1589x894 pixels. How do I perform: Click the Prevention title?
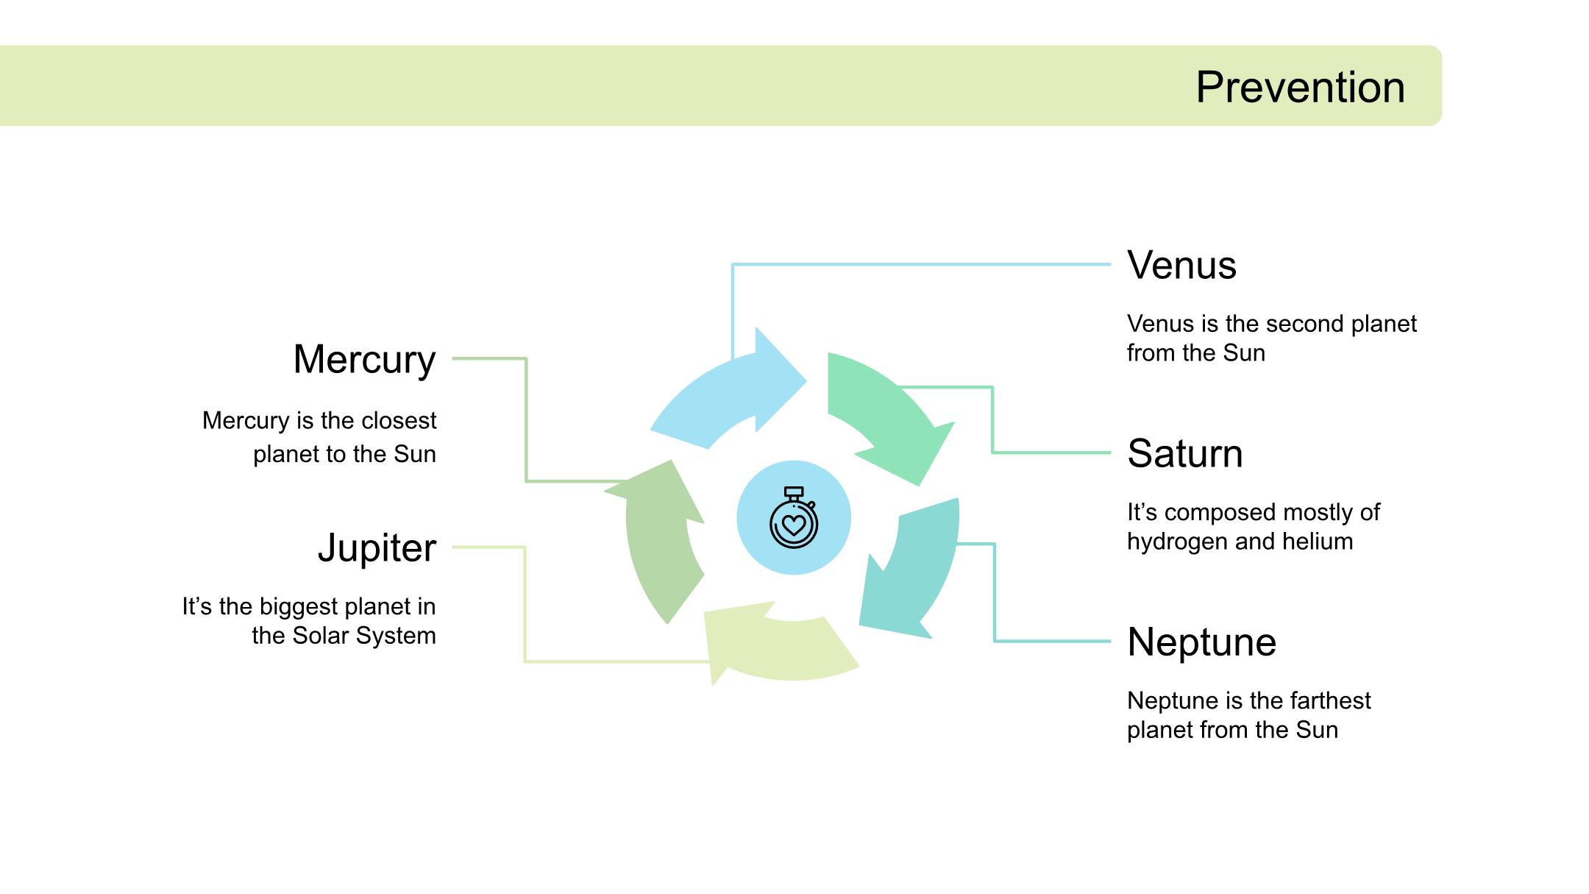(x=1300, y=88)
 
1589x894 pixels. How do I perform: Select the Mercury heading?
(x=364, y=360)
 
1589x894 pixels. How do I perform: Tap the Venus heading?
(x=1181, y=266)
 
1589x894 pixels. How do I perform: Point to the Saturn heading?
(x=1184, y=454)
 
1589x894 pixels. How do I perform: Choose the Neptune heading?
(x=1201, y=642)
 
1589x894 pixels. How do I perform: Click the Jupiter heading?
(x=377, y=548)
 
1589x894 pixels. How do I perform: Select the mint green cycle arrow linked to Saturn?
(x=883, y=412)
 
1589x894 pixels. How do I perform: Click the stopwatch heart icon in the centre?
(x=793, y=518)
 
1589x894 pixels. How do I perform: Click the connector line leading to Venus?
(x=920, y=264)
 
